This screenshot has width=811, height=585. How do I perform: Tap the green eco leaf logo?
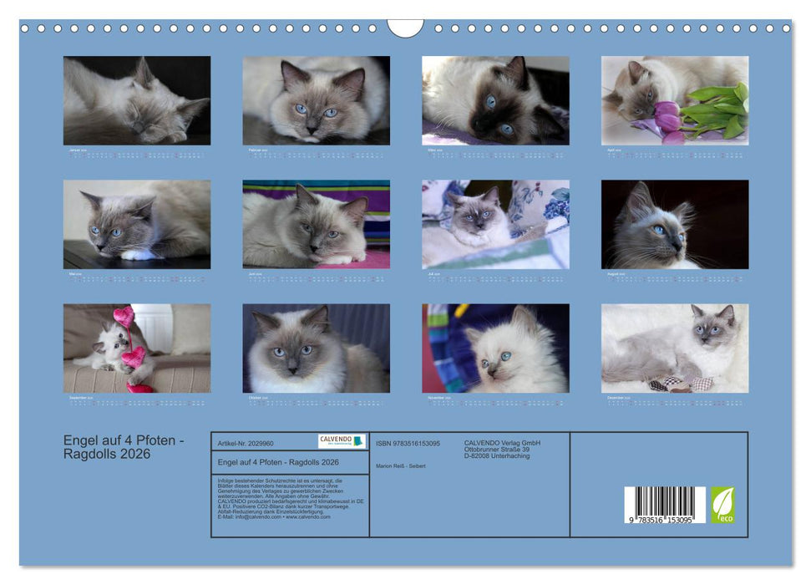[723, 505]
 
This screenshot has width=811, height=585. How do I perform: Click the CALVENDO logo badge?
[342, 441]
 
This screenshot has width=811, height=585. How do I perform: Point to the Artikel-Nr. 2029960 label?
[245, 443]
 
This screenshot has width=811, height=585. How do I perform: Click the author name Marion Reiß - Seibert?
[401, 465]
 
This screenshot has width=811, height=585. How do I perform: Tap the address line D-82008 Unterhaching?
[497, 455]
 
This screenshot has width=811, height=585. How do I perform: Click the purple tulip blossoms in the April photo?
[667, 115]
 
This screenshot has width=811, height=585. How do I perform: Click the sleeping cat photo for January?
[137, 100]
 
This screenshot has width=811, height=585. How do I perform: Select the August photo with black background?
[674, 224]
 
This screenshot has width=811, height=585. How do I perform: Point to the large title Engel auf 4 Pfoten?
[124, 440]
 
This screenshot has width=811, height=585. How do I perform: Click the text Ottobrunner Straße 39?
[497, 449]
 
